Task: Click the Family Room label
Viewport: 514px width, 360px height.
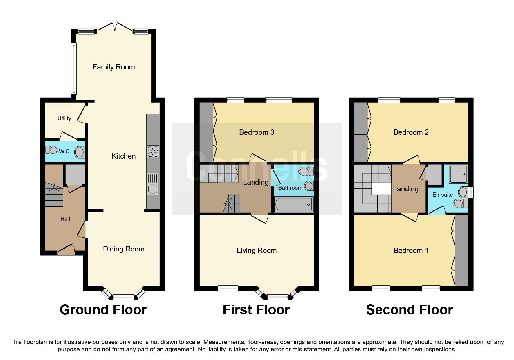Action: coord(113,67)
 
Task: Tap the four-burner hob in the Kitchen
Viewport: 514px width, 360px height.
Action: coord(153,151)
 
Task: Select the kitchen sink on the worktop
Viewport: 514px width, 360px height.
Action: coord(153,184)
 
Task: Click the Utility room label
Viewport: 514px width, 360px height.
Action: coord(64,118)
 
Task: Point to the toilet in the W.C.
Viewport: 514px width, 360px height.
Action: coord(52,150)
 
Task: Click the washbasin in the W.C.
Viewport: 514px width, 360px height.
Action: coord(80,152)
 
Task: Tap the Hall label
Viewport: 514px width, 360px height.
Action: coord(65,219)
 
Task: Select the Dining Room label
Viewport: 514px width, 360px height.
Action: coord(124,249)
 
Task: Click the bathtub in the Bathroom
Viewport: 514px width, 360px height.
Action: coord(293,204)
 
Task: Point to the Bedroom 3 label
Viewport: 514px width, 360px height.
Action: coord(257,132)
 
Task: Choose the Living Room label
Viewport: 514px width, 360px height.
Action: coord(257,251)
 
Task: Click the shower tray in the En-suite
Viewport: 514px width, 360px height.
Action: coord(458,174)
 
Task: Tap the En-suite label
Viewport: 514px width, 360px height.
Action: coord(442,195)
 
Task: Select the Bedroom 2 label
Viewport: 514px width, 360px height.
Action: coord(411,132)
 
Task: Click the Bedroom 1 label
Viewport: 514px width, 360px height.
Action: coord(411,251)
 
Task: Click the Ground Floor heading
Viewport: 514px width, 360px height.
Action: coord(103,310)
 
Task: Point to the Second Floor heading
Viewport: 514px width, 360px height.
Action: coord(409,310)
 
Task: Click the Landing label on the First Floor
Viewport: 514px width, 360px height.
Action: coord(256,182)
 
